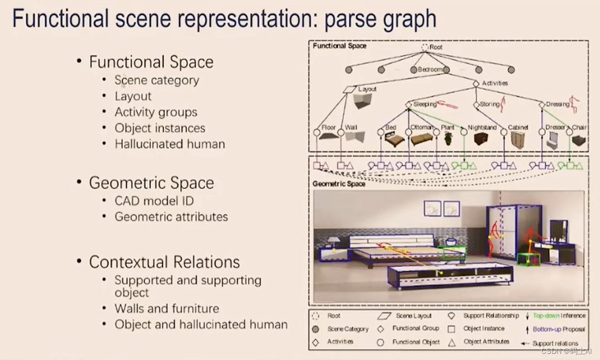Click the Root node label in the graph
tap(435, 47)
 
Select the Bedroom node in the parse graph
tap(430, 70)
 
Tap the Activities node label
tap(495, 83)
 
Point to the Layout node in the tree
tap(367, 89)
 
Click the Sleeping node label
tap(425, 104)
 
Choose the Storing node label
tap(489, 104)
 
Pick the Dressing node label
tap(558, 104)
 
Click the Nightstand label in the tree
tap(482, 128)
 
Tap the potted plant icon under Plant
tap(448, 138)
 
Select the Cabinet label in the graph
tap(518, 128)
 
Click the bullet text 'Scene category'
tap(157, 80)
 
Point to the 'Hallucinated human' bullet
tap(170, 144)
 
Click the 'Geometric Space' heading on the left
tap(151, 183)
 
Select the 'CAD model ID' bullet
tap(154, 201)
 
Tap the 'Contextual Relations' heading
tap(164, 262)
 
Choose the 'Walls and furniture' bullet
tap(167, 308)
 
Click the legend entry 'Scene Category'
tap(348, 329)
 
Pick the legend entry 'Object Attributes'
tap(486, 342)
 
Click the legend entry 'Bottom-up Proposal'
tap(559, 329)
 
